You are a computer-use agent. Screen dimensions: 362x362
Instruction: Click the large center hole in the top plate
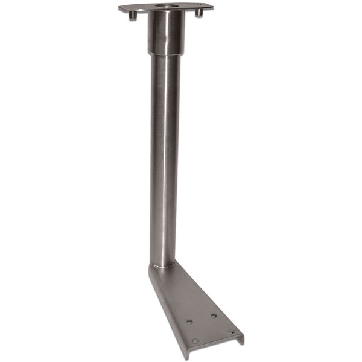(x=164, y=6)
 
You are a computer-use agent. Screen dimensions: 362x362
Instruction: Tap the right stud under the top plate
(x=198, y=13)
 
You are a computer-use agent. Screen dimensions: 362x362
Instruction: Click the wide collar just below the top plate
(x=165, y=33)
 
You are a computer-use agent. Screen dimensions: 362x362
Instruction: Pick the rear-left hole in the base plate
(x=189, y=322)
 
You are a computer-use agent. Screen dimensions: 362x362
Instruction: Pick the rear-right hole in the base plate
(x=214, y=316)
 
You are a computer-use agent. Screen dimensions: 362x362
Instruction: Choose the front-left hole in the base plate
(x=195, y=341)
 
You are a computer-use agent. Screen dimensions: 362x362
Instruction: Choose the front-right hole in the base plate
(x=232, y=331)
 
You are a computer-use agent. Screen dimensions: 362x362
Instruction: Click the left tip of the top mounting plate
(x=120, y=8)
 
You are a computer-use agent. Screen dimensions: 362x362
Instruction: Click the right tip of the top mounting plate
(x=212, y=6)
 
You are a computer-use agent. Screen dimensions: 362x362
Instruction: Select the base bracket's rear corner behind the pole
(x=150, y=267)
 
